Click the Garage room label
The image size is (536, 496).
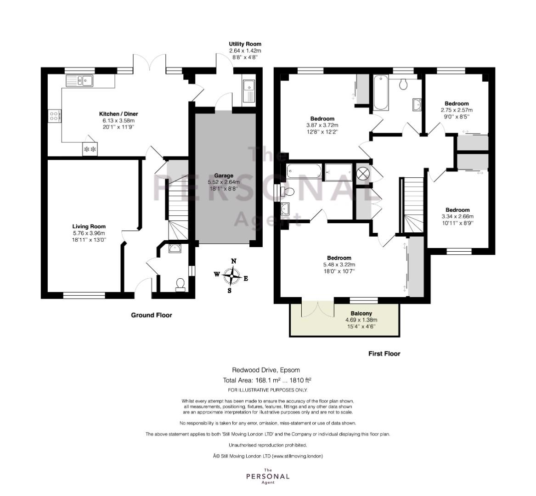point(223,175)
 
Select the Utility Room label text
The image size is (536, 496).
point(245,44)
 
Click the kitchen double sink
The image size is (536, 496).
point(80,81)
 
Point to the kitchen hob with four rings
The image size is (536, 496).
point(54,115)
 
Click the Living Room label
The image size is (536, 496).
point(89,226)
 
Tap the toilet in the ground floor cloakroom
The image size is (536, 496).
point(180,285)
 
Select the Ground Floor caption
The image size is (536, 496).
point(152,315)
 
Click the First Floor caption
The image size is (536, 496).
point(384,354)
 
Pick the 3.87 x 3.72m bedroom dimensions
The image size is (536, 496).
point(322,125)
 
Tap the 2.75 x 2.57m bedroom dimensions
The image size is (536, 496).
point(457,110)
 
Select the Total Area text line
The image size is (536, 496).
point(267,380)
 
